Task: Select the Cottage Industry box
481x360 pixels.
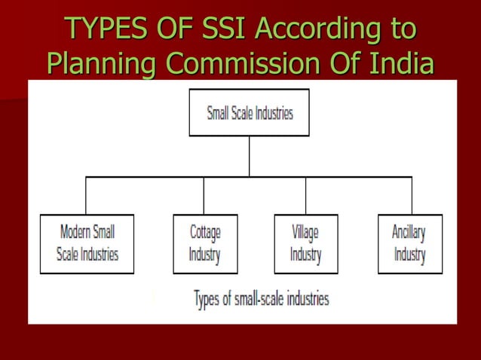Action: [x=205, y=243]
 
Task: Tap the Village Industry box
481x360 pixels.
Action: [x=305, y=243]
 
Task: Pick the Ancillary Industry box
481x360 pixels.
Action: [x=409, y=243]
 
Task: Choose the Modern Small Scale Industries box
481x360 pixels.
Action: [x=87, y=243]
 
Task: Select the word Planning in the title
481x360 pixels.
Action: [x=102, y=65]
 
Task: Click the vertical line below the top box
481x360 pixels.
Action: [x=249, y=156]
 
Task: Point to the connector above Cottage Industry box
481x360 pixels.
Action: [x=204, y=196]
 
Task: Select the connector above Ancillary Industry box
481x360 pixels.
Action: [x=412, y=196]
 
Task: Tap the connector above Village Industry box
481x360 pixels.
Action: [x=305, y=196]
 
